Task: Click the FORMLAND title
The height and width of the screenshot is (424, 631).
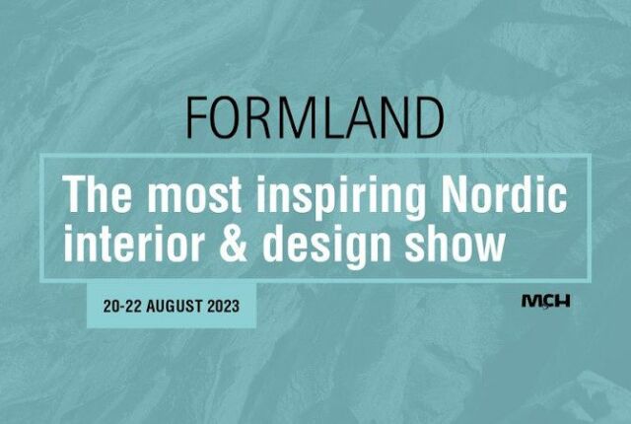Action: (x=315, y=117)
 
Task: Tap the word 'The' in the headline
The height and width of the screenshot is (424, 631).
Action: (x=97, y=194)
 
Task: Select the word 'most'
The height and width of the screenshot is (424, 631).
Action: (x=195, y=194)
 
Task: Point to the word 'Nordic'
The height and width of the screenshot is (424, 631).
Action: (x=503, y=194)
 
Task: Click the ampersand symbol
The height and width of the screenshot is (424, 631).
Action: (x=233, y=243)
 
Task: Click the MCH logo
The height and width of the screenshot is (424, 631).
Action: (x=545, y=302)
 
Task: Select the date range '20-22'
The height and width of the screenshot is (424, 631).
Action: (x=122, y=306)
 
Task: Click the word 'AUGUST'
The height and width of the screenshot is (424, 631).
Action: (x=174, y=306)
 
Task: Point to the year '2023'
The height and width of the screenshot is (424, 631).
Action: (x=224, y=306)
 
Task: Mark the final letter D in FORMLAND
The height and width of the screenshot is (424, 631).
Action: (x=429, y=117)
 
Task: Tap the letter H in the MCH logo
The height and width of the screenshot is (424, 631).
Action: (x=563, y=302)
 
